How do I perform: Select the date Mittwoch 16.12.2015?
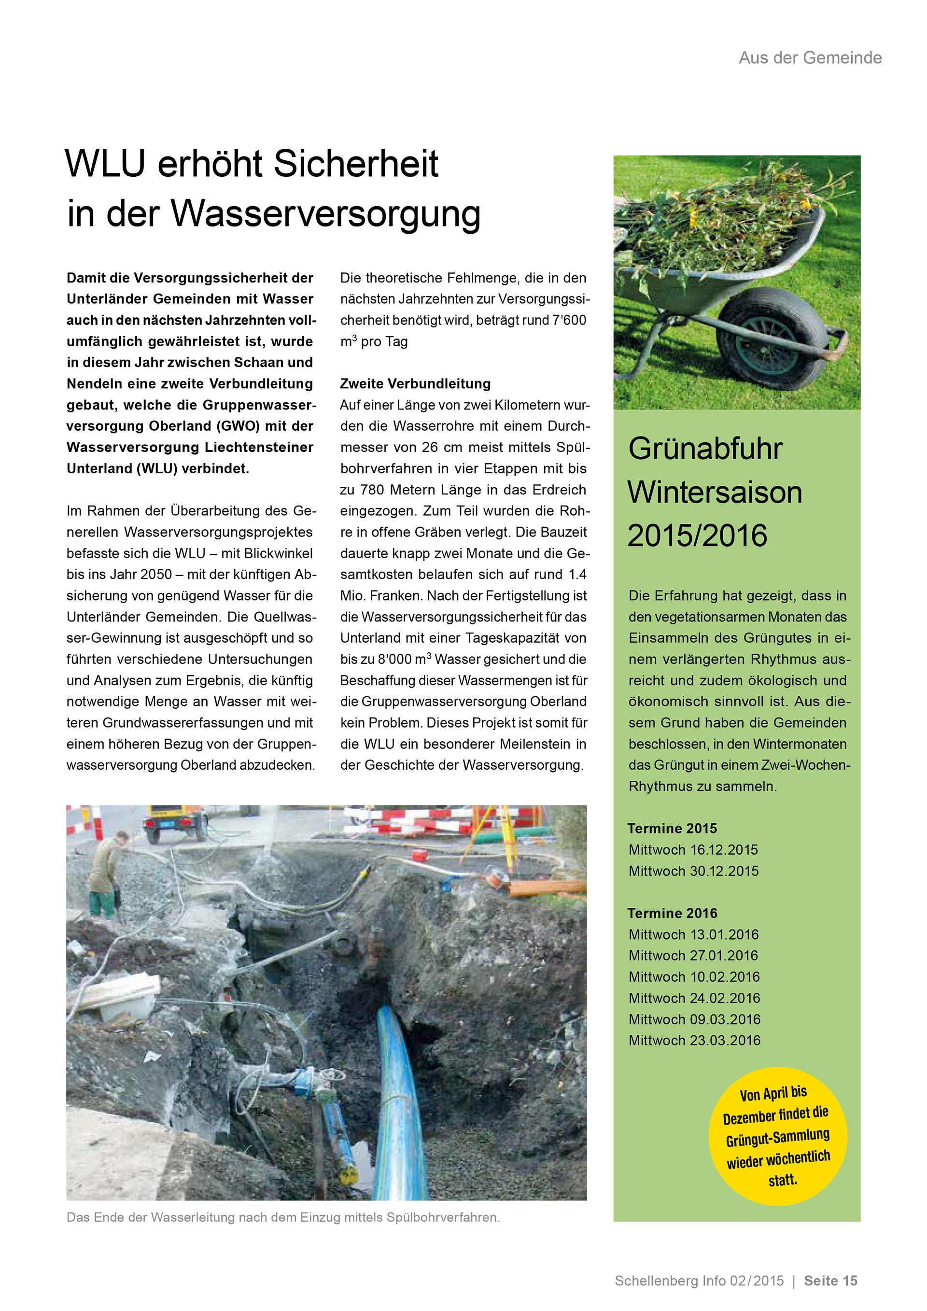tap(693, 850)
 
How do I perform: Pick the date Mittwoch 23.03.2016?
tap(694, 1040)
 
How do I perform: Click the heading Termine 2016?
tap(672, 913)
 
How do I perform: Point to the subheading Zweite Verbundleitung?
tap(415, 384)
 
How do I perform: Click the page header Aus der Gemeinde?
tap(810, 57)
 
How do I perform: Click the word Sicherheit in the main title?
tap(356, 165)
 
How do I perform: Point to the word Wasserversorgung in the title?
tap(325, 212)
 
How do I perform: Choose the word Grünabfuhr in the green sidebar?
tap(705, 449)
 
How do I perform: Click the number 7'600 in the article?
tap(569, 320)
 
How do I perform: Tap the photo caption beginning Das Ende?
tap(283, 1217)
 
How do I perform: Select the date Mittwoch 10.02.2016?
tap(694, 977)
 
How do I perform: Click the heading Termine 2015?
tap(672, 829)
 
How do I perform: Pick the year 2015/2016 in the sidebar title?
tap(697, 536)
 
